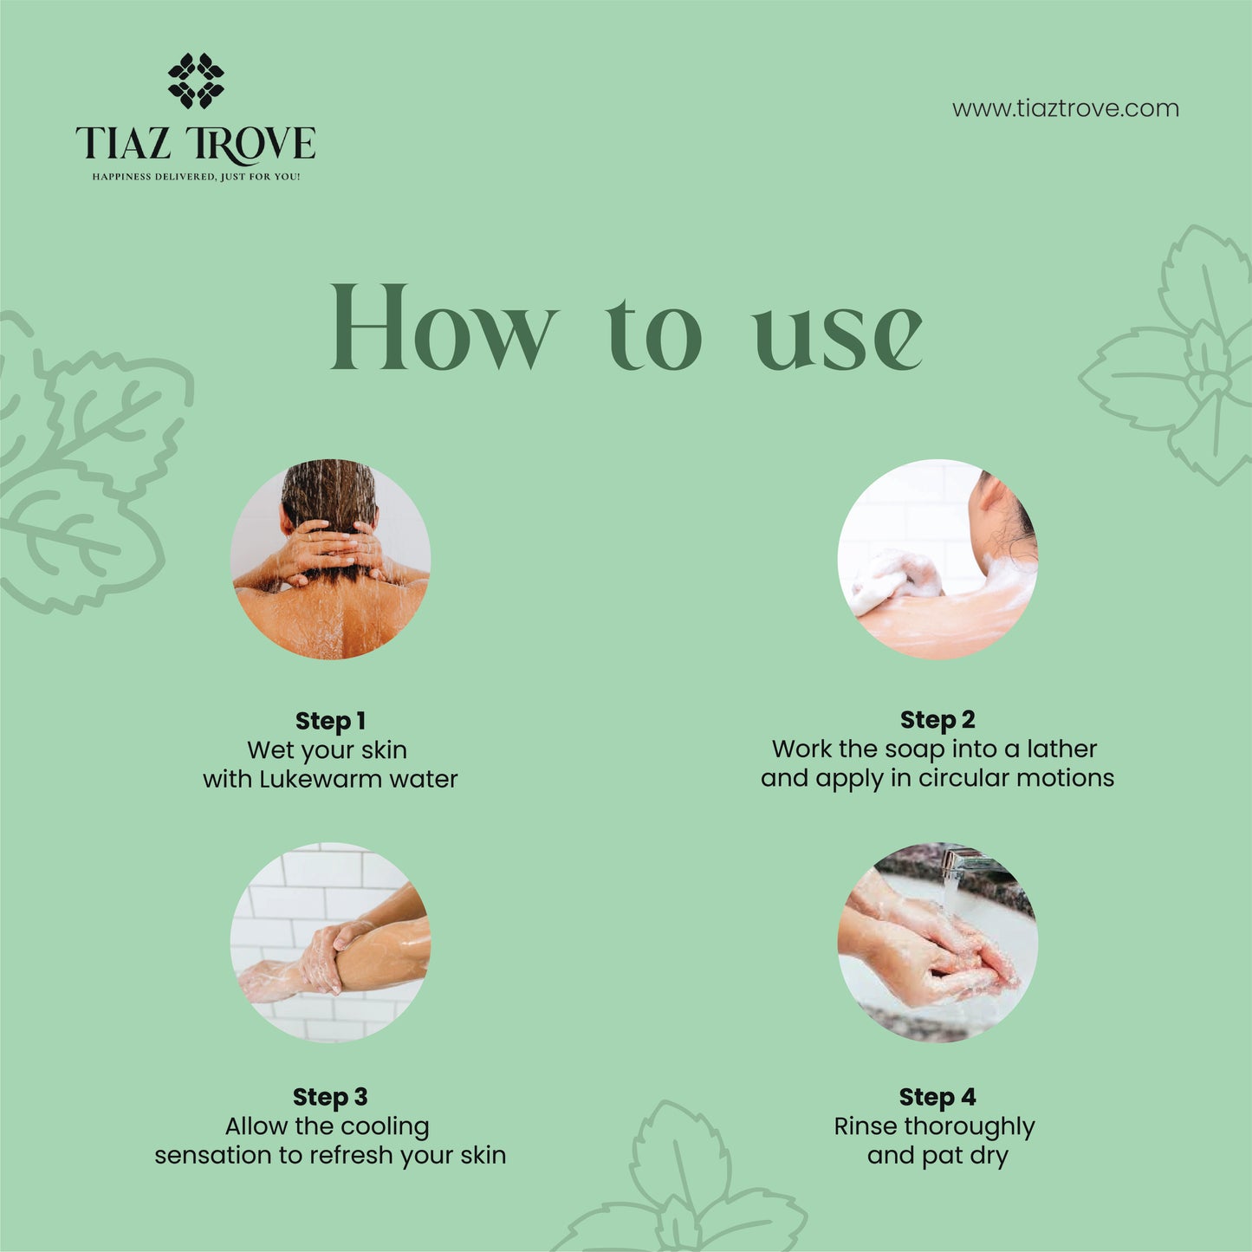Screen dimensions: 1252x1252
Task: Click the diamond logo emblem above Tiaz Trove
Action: coord(196,81)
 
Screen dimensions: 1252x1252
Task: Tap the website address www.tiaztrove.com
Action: coord(1065,109)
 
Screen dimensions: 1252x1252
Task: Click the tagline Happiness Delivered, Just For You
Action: coord(196,177)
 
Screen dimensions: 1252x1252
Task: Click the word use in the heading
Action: coord(837,335)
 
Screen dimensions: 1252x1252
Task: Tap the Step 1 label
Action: coord(330,721)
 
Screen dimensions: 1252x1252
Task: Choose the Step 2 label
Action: coord(937,719)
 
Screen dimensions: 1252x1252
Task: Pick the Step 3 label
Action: coord(330,1097)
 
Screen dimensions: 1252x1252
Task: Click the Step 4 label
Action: coord(937,1097)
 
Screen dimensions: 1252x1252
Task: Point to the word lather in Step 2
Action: coord(1061,749)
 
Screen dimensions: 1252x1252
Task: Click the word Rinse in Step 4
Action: coord(866,1126)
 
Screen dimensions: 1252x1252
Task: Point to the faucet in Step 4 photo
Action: coord(966,862)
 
